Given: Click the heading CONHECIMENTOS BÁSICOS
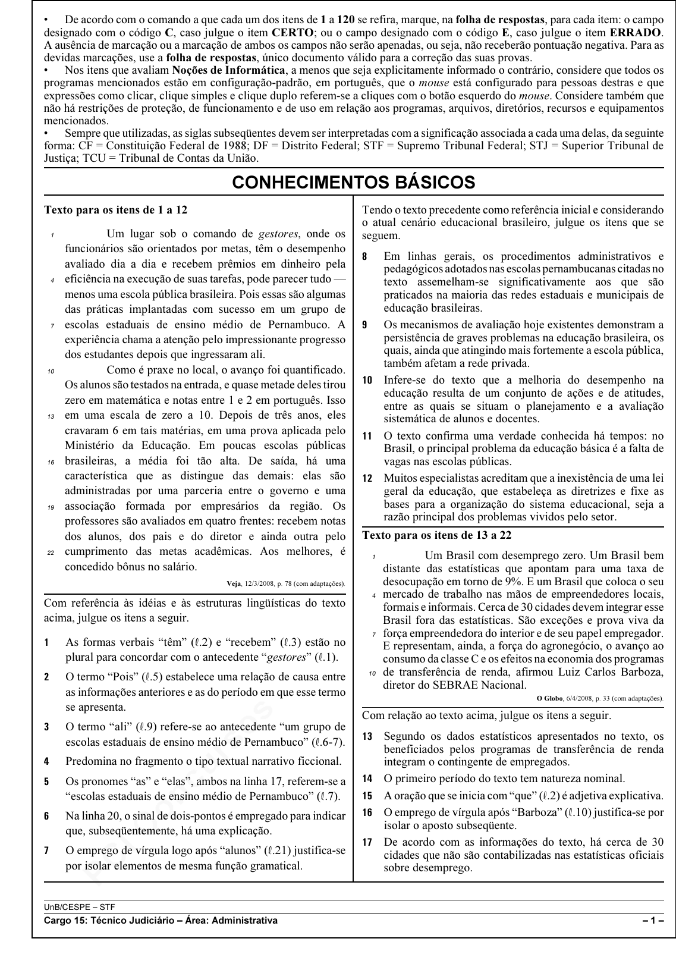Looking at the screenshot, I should [354, 182].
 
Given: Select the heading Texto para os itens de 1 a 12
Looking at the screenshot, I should [115, 210].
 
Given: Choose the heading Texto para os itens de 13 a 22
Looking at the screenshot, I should [436, 535].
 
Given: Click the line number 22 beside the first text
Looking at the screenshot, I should [51, 553].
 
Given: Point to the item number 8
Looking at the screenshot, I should [365, 257].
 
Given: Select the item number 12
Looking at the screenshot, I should [367, 478].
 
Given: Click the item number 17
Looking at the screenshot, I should [367, 842].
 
